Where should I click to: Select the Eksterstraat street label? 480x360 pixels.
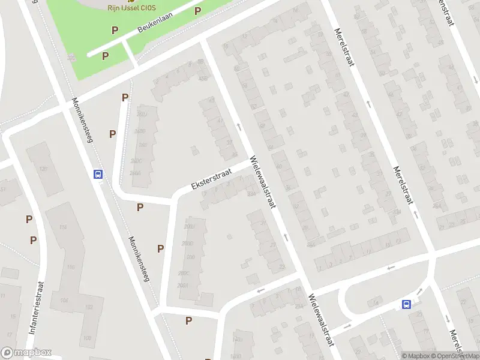point(212,178)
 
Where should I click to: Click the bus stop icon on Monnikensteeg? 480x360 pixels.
point(98,174)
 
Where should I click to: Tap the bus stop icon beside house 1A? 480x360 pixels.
point(407,304)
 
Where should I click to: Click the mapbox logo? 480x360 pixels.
point(26,353)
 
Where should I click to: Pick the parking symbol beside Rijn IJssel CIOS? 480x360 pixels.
point(197,11)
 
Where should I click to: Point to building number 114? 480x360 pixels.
point(63,227)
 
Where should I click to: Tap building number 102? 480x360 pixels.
point(89,307)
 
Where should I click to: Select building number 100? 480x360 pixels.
point(87,338)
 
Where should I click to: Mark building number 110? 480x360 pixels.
point(71,267)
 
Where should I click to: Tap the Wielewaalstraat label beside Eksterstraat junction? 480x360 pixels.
point(263,183)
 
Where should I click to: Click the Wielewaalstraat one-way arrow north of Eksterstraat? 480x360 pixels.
point(239,127)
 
